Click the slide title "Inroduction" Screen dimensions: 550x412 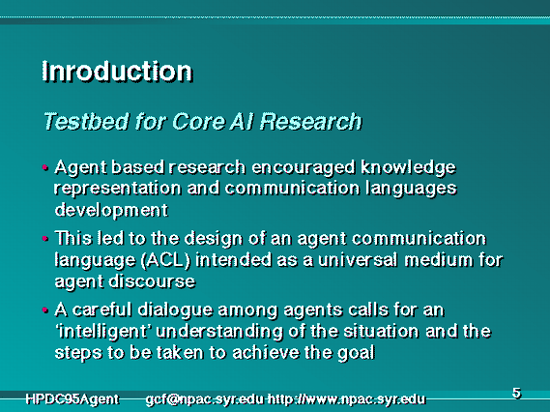click(117, 72)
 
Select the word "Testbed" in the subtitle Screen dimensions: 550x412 click(86, 122)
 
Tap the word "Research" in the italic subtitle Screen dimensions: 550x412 click(311, 122)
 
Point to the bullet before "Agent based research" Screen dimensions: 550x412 click(44, 167)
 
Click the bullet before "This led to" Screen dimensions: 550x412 click(44, 239)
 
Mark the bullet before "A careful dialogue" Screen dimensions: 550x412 click(44, 310)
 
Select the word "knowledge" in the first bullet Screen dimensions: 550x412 click(408, 168)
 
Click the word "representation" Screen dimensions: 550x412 click(118, 190)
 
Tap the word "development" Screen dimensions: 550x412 click(111, 210)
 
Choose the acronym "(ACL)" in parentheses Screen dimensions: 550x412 click(165, 261)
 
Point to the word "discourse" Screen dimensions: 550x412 click(152, 281)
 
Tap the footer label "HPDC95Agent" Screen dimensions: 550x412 click(72, 399)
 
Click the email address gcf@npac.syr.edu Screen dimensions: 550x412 click(205, 399)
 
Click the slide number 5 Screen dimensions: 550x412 click(516, 393)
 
